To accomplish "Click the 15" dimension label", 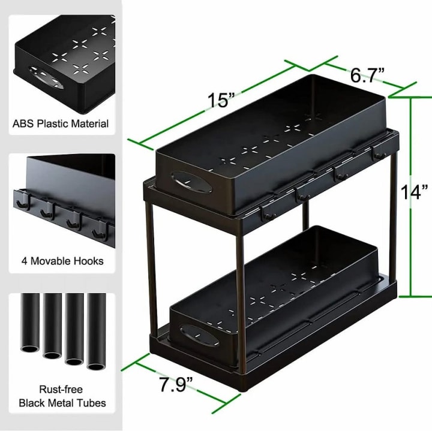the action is [221, 100].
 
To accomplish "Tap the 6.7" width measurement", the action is [367, 75].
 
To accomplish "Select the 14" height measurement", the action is [414, 192].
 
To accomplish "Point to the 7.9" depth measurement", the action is [176, 384].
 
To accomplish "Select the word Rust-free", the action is [61, 389].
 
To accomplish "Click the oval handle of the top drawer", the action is [191, 182].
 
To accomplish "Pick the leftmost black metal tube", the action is [30, 322].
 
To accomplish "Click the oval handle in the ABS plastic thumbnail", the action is [46, 77].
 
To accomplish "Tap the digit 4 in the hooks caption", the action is [24, 261].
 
